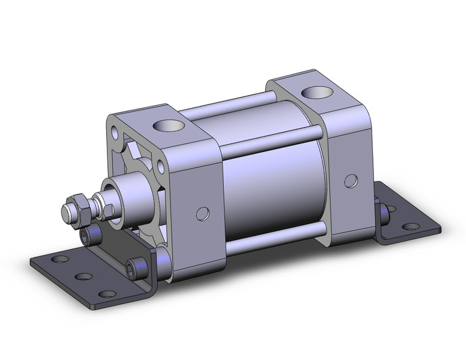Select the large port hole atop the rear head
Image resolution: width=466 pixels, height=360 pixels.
(318, 93)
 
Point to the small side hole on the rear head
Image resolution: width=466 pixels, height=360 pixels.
(350, 180)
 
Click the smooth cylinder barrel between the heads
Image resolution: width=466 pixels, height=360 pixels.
(270, 178)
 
